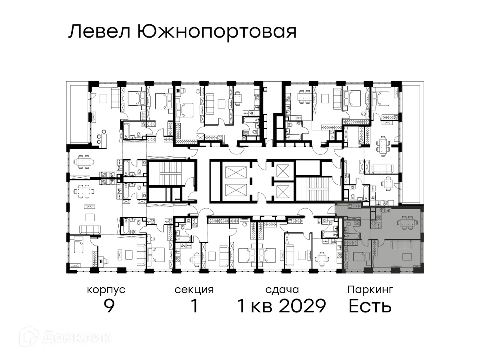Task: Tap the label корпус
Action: pyautogui.click(x=106, y=290)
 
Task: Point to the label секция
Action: pyautogui.click(x=194, y=290)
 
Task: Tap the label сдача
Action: pyautogui.click(x=282, y=290)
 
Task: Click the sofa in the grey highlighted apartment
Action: pyautogui.click(x=400, y=245)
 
